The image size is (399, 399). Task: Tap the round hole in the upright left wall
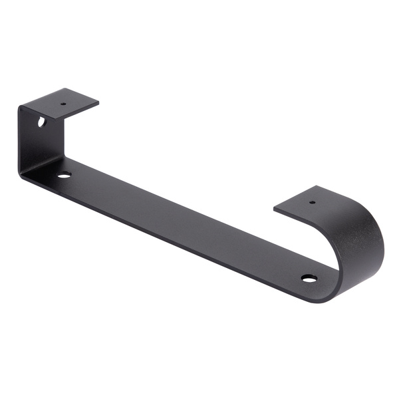[x=41, y=122]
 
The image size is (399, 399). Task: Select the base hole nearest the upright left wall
[x=65, y=175]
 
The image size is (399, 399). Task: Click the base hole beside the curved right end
[x=309, y=277]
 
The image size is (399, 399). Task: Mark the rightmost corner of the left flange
[x=99, y=103]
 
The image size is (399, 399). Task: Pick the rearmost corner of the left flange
[x=70, y=88]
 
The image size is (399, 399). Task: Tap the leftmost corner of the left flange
[x=19, y=105]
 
